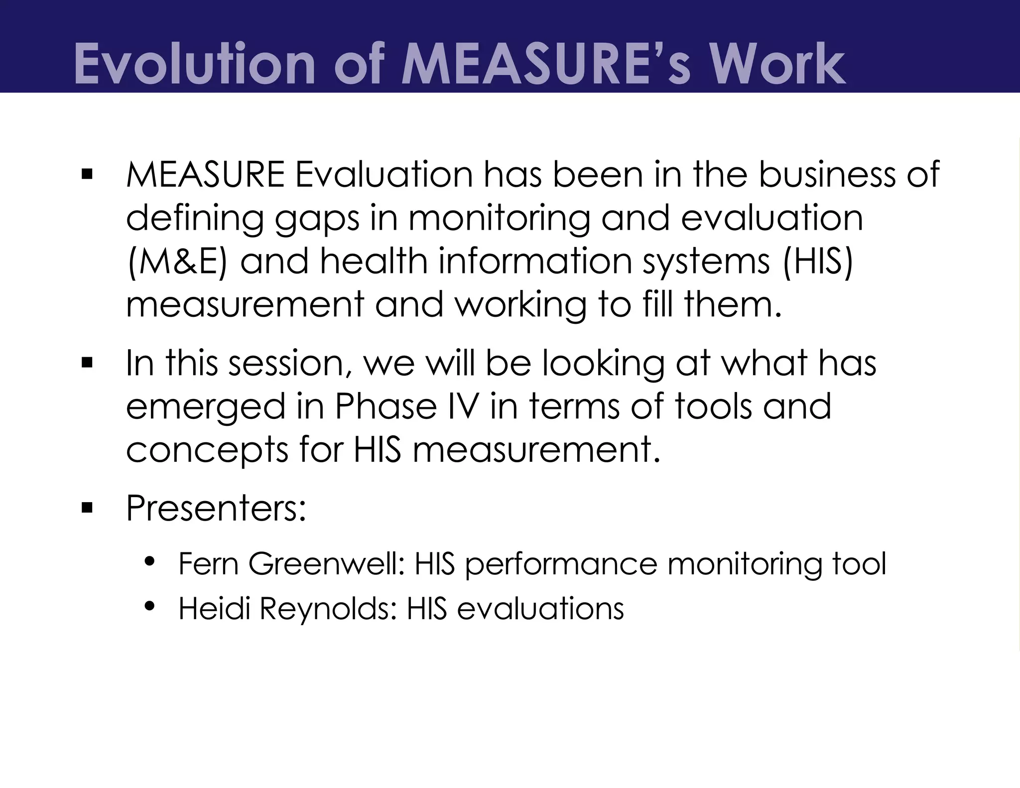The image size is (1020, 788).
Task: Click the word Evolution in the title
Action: coord(195,64)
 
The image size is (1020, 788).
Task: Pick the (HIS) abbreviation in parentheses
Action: coord(817,261)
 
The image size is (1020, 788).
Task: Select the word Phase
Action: coord(386,406)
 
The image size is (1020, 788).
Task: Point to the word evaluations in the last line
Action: coord(540,608)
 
